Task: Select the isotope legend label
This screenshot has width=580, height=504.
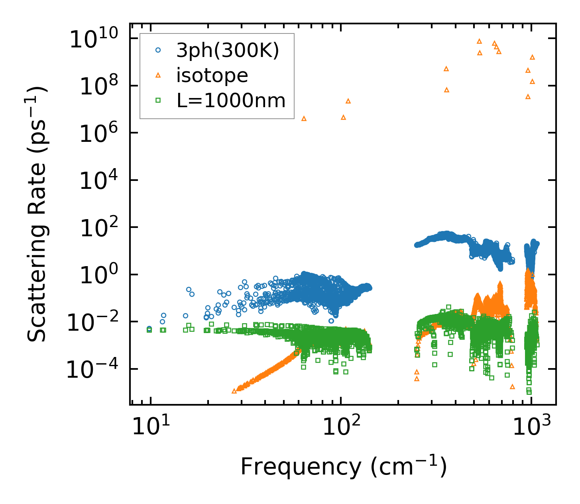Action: (212, 75)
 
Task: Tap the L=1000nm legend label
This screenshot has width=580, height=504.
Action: (231, 100)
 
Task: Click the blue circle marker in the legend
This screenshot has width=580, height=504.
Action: (158, 50)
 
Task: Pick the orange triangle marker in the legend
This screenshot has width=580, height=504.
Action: (158, 75)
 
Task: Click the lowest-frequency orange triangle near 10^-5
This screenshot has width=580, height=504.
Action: (234, 391)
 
